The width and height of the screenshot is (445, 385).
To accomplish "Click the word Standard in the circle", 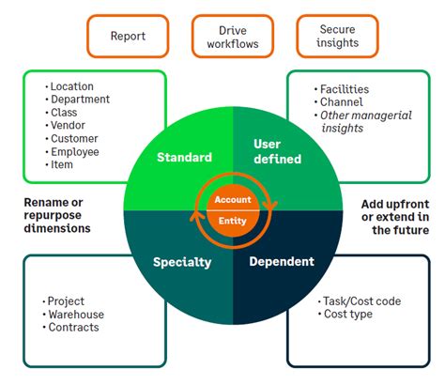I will point(183,157).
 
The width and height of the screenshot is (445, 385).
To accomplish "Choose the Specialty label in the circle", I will point(181,262).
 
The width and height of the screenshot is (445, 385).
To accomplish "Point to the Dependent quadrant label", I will point(281,262).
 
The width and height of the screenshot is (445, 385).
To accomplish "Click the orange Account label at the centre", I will point(232,200).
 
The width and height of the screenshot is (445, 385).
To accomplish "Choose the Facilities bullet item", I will point(345,90).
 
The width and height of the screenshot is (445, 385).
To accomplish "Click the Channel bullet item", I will point(342,102).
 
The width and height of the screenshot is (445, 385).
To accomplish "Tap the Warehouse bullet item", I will point(77,315).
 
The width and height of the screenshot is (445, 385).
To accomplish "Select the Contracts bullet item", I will point(74,328).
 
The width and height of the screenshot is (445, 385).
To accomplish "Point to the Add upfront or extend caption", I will point(395,216).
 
